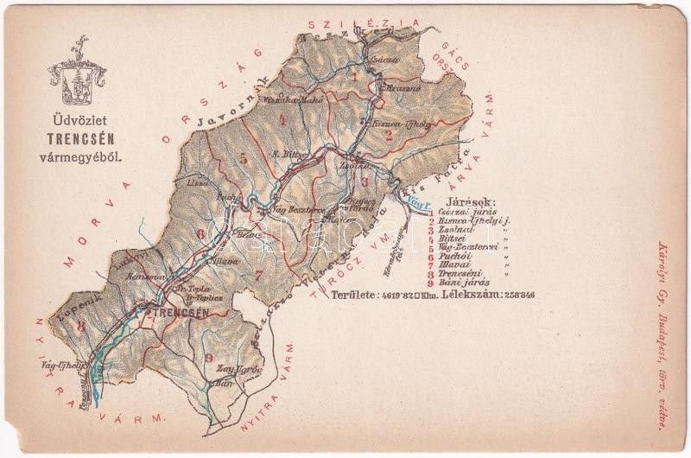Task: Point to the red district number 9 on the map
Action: (x=207, y=358)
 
